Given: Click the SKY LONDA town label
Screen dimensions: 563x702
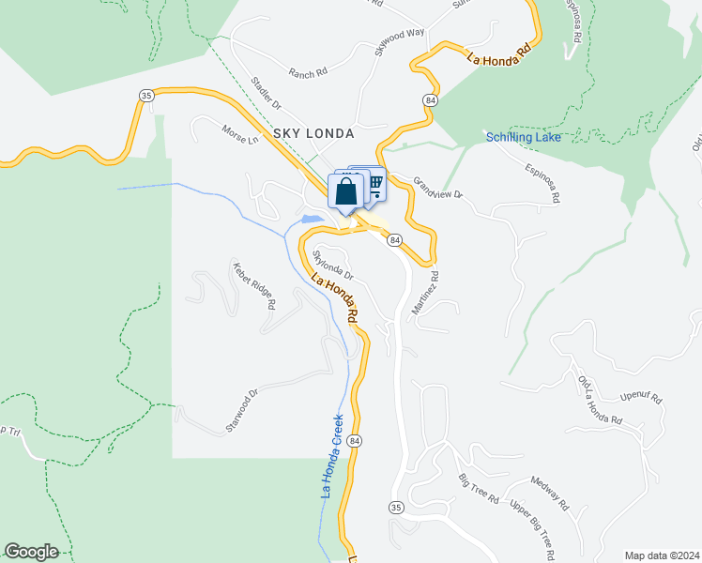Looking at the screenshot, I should tap(313, 134).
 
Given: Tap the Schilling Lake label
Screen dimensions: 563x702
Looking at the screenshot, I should tap(524, 138).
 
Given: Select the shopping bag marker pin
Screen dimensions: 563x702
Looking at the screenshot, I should tap(345, 191).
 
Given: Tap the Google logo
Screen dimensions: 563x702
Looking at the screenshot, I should tap(31, 552).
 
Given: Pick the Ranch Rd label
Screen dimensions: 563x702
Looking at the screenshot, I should tap(308, 72).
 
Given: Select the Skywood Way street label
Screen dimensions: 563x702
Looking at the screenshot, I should tap(400, 43).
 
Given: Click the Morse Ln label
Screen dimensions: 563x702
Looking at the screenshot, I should tap(239, 134).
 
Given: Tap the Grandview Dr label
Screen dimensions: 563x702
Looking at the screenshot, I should tap(438, 188).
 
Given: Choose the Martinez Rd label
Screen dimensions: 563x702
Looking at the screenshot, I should tap(424, 293).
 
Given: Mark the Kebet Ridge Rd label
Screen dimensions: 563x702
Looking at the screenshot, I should tap(254, 286).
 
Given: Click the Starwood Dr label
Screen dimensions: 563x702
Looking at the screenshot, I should tap(241, 411).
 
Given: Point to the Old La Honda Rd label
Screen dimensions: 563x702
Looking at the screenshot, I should tap(601, 399).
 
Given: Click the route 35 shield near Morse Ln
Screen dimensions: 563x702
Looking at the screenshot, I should tap(145, 96).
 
